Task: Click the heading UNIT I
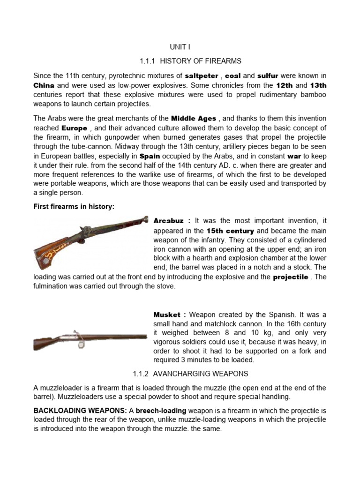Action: [x=180, y=47]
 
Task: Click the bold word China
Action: [x=44, y=86]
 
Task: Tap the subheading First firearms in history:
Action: [x=74, y=207]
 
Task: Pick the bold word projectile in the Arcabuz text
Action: [x=291, y=277]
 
